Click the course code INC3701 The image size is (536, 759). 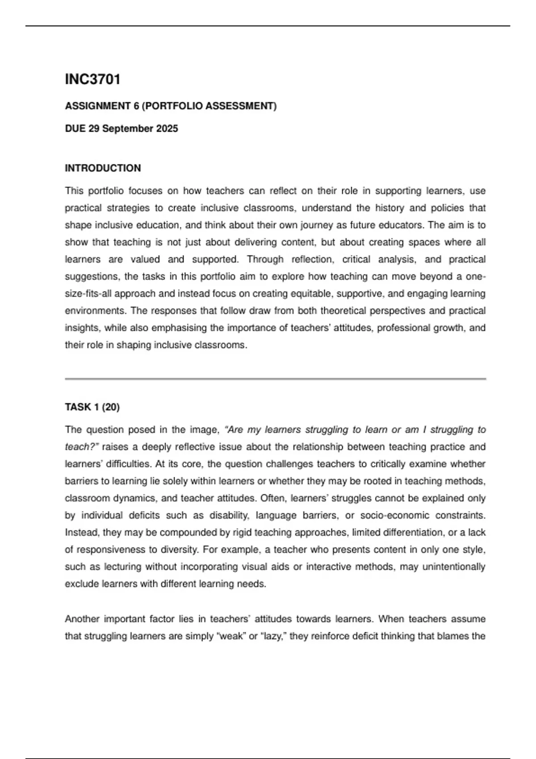pos(92,79)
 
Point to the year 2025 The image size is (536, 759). pos(167,129)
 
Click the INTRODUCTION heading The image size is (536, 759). pos(103,168)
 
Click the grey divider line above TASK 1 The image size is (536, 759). pos(275,379)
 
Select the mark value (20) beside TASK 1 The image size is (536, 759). pos(111,407)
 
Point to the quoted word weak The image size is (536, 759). pos(231,636)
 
